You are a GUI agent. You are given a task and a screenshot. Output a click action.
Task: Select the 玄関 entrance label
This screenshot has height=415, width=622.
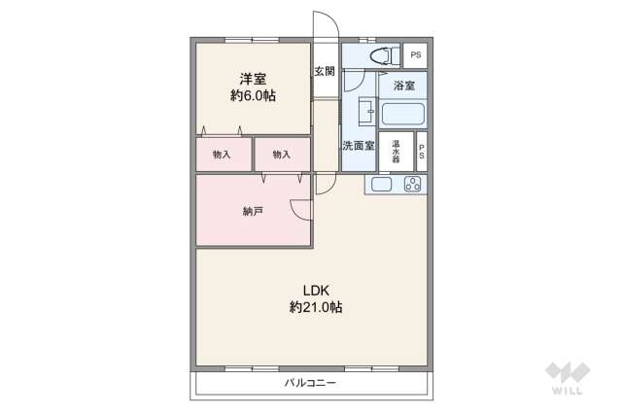click(325, 71)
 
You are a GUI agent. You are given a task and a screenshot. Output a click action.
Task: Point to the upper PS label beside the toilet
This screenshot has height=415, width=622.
click(416, 54)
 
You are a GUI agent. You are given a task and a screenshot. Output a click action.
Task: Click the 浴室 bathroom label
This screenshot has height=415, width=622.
click(403, 86)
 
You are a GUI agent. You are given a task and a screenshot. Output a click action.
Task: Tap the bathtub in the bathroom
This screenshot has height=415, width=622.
click(402, 112)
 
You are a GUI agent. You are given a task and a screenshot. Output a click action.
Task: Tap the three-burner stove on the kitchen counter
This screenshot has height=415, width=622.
click(412, 184)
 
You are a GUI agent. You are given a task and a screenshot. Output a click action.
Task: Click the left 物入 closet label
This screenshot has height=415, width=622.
click(222, 155)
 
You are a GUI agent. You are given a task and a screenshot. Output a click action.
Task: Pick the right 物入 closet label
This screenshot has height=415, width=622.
click(281, 155)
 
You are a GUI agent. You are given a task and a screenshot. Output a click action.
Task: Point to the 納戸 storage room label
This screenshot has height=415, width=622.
click(252, 211)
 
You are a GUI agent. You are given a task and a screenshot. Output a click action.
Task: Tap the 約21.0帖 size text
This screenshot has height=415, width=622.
click(315, 307)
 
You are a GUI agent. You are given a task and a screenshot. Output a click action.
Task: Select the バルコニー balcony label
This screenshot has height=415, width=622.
click(311, 383)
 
